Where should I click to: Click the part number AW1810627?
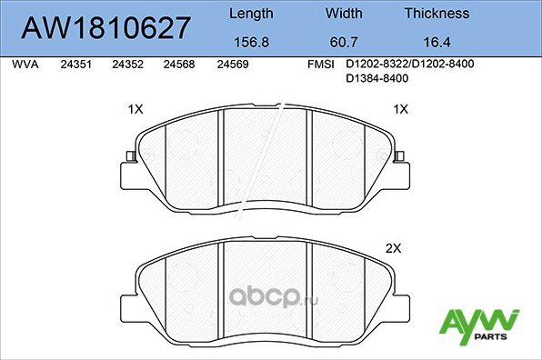pos(105,27)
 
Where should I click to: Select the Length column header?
pos(250,14)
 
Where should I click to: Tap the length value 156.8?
pos(250,41)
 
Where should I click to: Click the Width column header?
pos(344,14)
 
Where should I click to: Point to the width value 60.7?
pos(344,41)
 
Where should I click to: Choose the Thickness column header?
pos(437,14)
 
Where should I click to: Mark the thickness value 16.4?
pos(437,41)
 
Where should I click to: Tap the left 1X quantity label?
pos(136,109)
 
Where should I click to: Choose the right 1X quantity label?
pos(400,109)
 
